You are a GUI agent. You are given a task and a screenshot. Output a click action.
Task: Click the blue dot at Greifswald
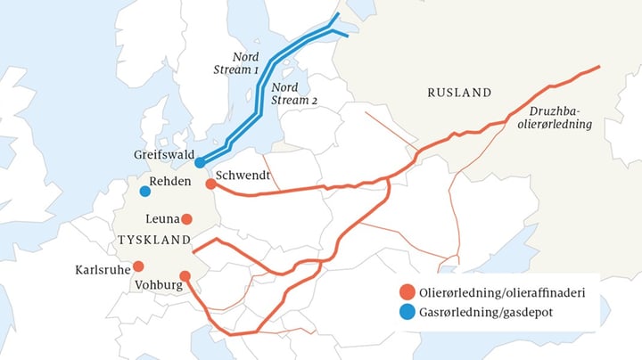pos(200,162)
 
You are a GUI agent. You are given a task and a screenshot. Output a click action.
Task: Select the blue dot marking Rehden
pos(144,191)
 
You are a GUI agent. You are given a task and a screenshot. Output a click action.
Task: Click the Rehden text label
pos(172,181)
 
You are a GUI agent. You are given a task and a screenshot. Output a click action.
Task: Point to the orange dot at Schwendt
pos(210,184)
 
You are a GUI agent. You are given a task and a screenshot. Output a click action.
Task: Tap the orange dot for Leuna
pos(187,218)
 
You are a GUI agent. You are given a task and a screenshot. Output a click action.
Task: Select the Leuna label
pos(160,218)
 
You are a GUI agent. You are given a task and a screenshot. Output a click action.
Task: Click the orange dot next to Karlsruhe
pos(138,266)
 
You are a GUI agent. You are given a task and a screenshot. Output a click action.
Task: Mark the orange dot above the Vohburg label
pos(185,276)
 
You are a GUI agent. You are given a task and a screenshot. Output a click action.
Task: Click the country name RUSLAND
pos(459,93)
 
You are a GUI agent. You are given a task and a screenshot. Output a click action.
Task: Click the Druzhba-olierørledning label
pos(560,119)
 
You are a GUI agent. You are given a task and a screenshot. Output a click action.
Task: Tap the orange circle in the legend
pos(407,292)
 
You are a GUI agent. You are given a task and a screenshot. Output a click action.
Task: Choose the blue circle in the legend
pos(407,313)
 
